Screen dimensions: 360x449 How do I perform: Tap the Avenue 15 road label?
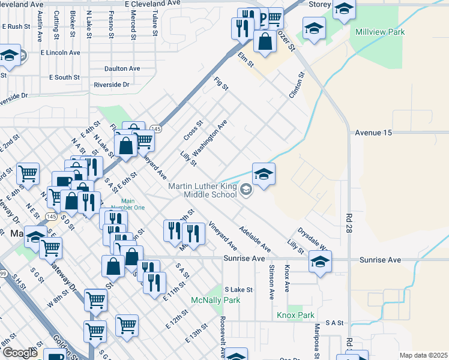pos(373,132)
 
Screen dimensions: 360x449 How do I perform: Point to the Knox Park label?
pos(295,315)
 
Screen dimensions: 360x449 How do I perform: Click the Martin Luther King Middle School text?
pos(202,190)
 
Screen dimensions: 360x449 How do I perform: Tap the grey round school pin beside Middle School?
pos(246,190)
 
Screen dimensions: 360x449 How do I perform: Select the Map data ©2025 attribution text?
pos(423,355)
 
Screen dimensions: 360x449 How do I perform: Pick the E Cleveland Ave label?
pos(152,4)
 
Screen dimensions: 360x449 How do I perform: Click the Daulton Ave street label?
pos(122,68)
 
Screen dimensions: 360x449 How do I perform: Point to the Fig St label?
pos(222,83)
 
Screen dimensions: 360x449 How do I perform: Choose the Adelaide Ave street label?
pos(255,238)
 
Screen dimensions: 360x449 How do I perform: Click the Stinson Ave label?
pos(271,282)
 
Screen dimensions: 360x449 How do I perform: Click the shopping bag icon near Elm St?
pos(265,41)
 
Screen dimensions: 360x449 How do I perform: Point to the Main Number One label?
pos(133,205)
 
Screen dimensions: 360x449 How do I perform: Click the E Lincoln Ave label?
pos(61,52)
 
